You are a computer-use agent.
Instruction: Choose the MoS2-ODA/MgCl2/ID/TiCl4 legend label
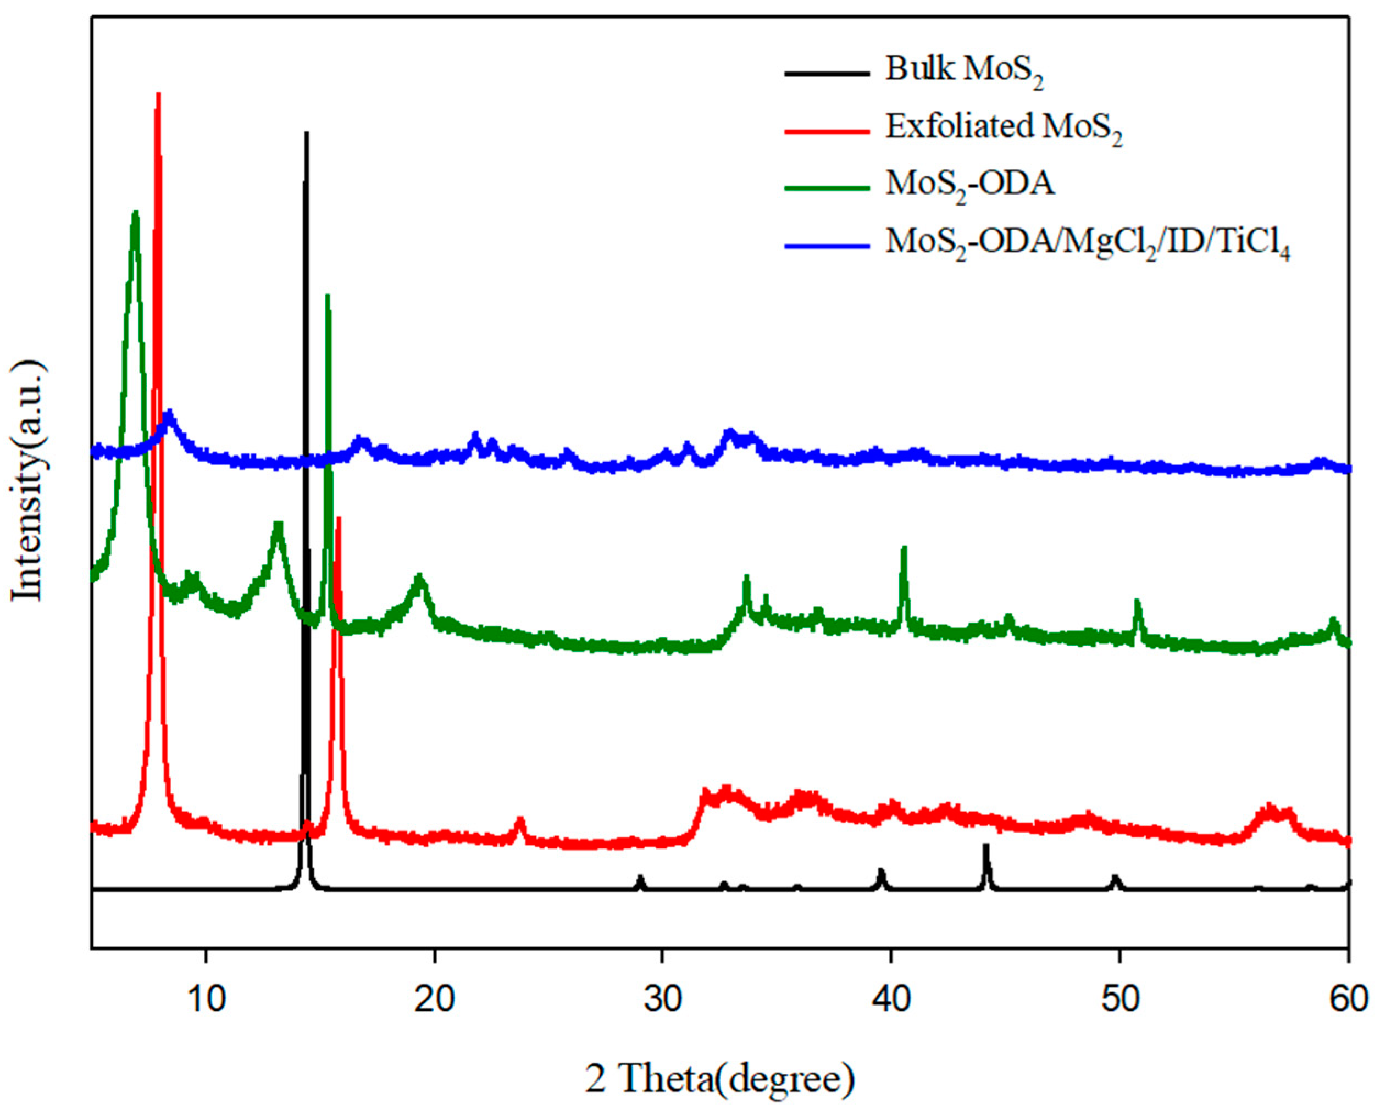(1088, 243)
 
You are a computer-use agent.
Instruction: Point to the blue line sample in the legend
(827, 245)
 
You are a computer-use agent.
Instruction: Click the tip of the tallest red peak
(158, 94)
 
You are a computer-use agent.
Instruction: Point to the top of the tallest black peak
(307, 133)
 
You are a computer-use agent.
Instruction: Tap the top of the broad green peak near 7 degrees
(135, 213)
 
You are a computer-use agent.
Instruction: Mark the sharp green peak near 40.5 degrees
(904, 548)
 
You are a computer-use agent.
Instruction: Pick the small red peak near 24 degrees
(520, 820)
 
